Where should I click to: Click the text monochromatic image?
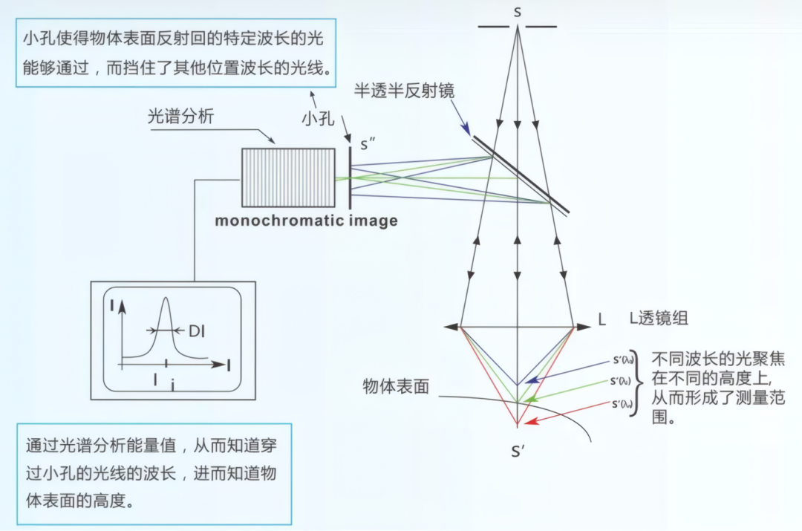[306, 221]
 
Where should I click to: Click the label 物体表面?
[396, 386]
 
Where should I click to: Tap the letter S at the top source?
[518, 12]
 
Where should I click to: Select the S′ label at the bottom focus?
[518, 451]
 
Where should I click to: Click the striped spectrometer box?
[288, 177]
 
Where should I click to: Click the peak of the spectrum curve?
[166, 299]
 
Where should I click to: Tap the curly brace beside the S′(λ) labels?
[633, 382]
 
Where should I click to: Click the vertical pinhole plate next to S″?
[350, 177]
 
